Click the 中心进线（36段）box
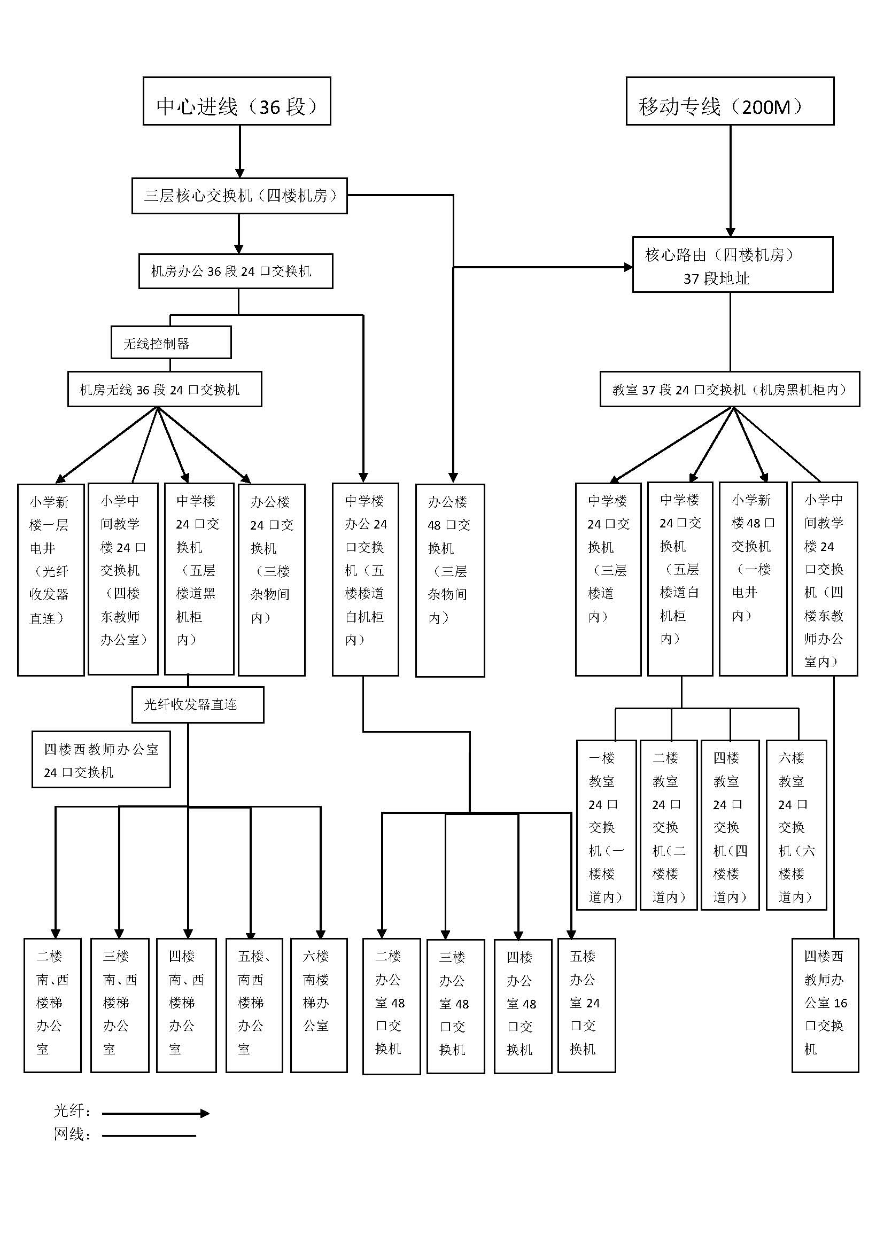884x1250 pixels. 237,101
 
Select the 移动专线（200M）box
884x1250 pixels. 730,101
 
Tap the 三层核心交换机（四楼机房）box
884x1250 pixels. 239,196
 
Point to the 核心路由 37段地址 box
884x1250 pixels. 733,265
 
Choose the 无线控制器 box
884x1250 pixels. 171,343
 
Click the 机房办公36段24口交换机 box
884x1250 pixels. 236,271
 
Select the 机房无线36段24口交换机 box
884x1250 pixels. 165,389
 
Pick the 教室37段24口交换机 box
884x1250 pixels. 730,389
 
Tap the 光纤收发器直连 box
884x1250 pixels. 198,704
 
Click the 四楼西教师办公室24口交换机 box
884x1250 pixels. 101,759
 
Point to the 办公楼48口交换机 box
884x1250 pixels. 449,580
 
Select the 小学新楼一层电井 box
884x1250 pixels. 51,580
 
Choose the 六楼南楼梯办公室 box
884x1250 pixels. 319,1005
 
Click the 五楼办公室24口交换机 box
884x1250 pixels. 586,1005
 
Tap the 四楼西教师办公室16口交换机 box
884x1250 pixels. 825,1005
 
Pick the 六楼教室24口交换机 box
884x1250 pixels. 796,825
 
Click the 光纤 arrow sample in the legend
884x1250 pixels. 155,1113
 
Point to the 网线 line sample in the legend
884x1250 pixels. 149,1136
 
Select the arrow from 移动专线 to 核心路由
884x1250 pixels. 731,180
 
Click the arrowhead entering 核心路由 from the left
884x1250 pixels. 628,267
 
